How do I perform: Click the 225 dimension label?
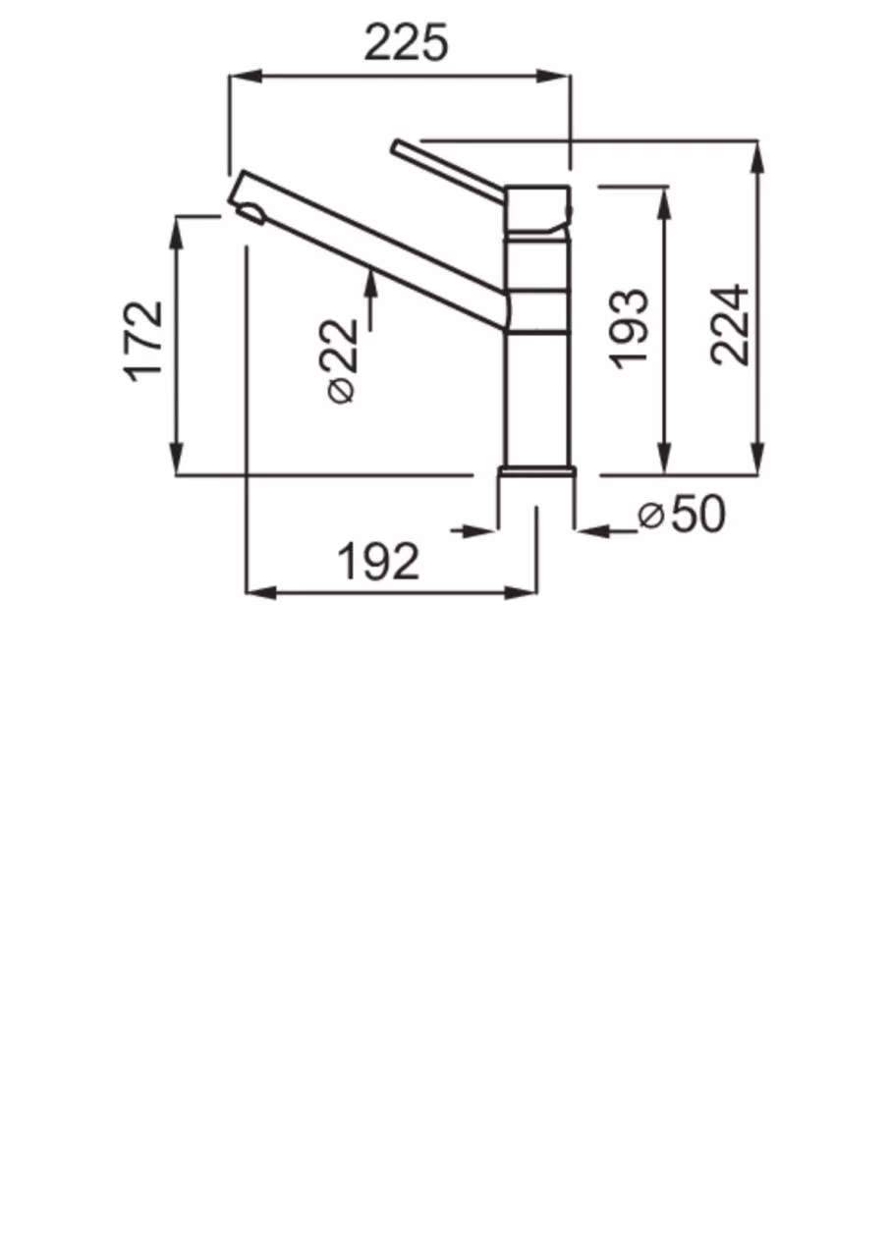click(407, 42)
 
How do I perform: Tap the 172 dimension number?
click(143, 343)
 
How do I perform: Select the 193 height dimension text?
click(629, 329)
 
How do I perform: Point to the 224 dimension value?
click(730, 325)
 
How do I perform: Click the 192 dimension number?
click(378, 562)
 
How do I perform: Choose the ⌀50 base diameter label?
click(682, 514)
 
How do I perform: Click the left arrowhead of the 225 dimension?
click(246, 76)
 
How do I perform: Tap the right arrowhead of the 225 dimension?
click(554, 76)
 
